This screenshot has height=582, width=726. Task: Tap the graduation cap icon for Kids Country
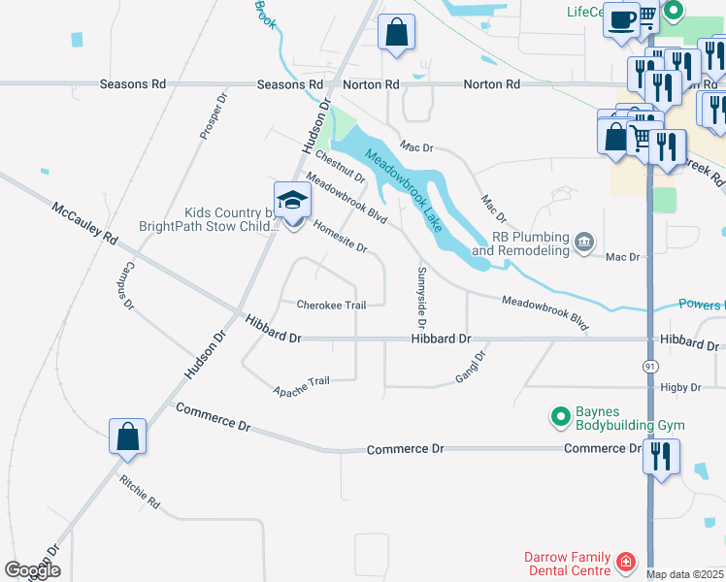[x=292, y=201]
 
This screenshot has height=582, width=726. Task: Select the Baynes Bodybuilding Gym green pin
[x=560, y=417]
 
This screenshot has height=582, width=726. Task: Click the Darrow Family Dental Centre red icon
[x=627, y=562]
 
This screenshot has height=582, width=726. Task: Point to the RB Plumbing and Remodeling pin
[x=583, y=242]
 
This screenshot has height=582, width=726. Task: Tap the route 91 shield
[x=647, y=366]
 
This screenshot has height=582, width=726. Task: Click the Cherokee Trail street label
[x=331, y=305]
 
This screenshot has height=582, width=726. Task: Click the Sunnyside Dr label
[x=422, y=297]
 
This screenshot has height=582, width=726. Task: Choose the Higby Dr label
[x=680, y=387]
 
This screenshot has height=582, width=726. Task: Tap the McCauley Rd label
[x=84, y=223]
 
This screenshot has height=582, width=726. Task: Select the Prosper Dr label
[x=213, y=116]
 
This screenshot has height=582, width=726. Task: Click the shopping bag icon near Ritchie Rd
[x=128, y=438]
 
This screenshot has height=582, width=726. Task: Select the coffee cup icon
[x=620, y=19]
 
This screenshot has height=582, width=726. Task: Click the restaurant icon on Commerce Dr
[x=661, y=458]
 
